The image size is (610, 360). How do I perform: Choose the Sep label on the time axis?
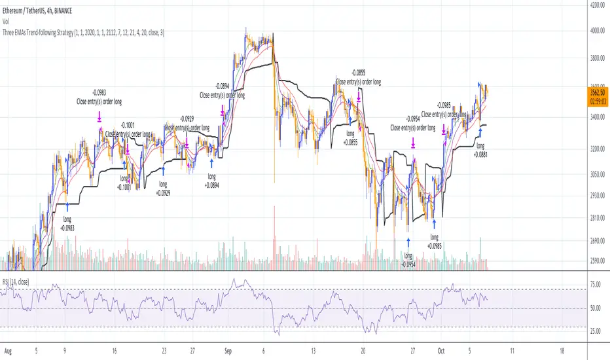click(228, 350)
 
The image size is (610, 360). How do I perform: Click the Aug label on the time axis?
click(9, 350)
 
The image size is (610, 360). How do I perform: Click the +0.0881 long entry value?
click(481, 154)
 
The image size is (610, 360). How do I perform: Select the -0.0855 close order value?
click(358, 73)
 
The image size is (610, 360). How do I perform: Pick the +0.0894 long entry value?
click(211, 185)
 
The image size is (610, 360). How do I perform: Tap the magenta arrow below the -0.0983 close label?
click(99, 117)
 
